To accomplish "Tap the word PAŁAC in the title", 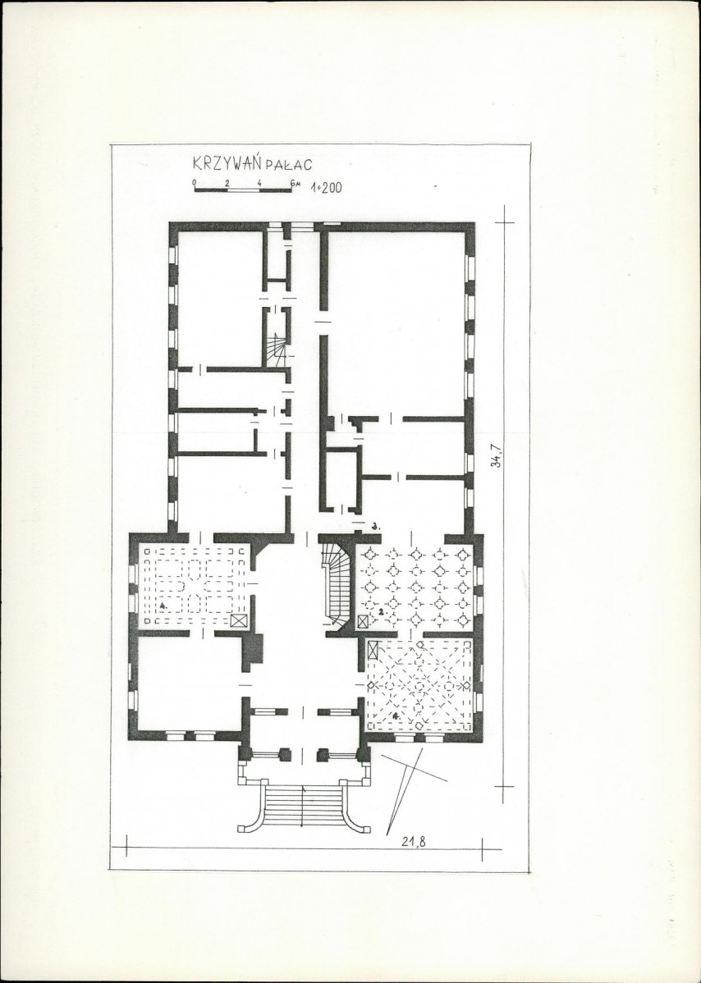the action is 288,165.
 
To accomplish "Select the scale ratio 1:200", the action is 326,187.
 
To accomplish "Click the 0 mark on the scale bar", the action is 195,182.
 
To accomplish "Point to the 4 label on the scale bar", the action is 259,182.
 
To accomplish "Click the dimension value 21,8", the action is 413,842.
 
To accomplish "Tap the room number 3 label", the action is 375,527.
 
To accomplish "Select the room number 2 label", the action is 381,610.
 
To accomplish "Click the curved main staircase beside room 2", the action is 337,584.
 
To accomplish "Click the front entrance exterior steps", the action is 305,807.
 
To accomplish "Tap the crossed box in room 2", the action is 363,621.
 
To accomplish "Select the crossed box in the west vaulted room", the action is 239,620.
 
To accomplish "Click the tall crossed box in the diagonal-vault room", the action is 373,650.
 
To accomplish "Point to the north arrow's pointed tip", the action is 387,834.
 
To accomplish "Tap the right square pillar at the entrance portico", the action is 323,754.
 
